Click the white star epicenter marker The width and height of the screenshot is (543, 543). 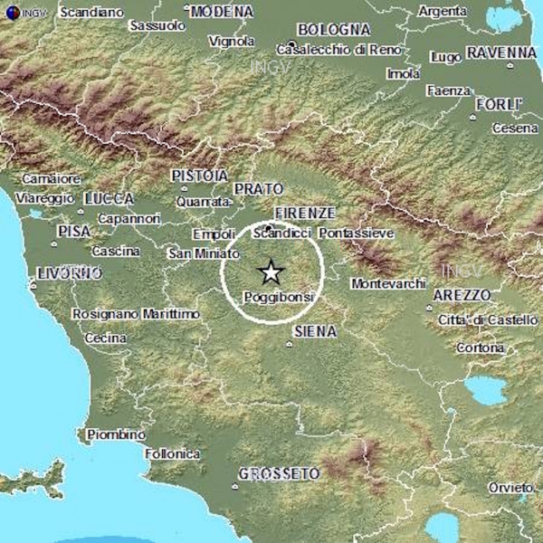coord(271,271)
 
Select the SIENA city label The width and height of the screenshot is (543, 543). coord(315,332)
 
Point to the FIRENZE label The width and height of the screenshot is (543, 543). coord(305,213)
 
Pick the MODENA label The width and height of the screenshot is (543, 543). coord(223,11)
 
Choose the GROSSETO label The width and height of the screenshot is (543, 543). coord(280,473)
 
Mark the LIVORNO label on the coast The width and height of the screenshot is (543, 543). coord(69,272)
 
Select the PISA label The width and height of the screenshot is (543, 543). coord(74,232)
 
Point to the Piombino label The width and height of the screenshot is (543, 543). coord(116,435)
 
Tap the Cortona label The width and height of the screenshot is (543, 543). coord(481,348)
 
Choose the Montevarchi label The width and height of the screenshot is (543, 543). coord(387,283)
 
